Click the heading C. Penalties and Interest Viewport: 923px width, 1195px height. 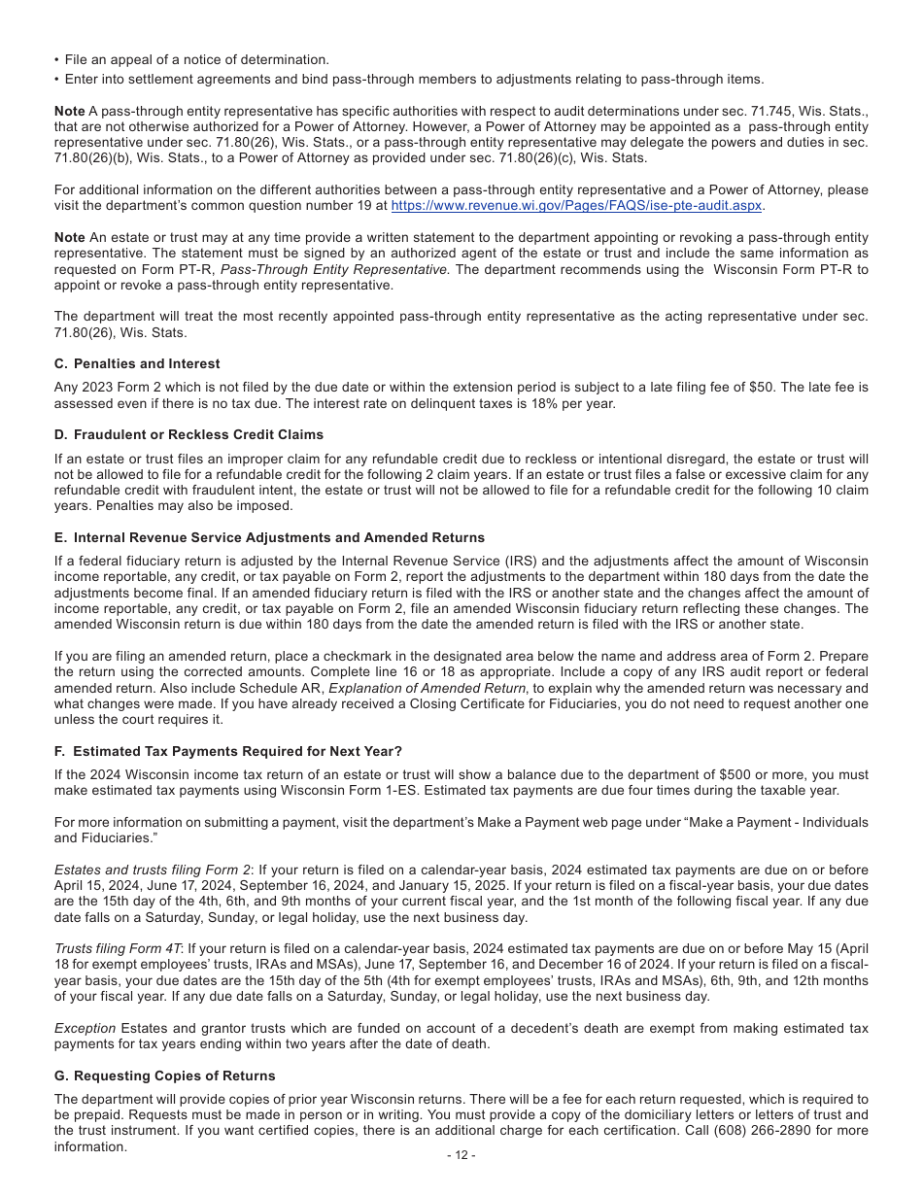137,363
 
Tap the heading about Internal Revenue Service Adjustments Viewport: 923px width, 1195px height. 269,537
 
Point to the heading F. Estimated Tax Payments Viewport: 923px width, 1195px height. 228,751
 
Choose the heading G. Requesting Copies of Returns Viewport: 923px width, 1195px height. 165,1075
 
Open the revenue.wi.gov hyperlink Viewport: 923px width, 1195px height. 576,206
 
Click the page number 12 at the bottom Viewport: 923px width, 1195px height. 461,1155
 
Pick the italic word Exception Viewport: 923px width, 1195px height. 85,1028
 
